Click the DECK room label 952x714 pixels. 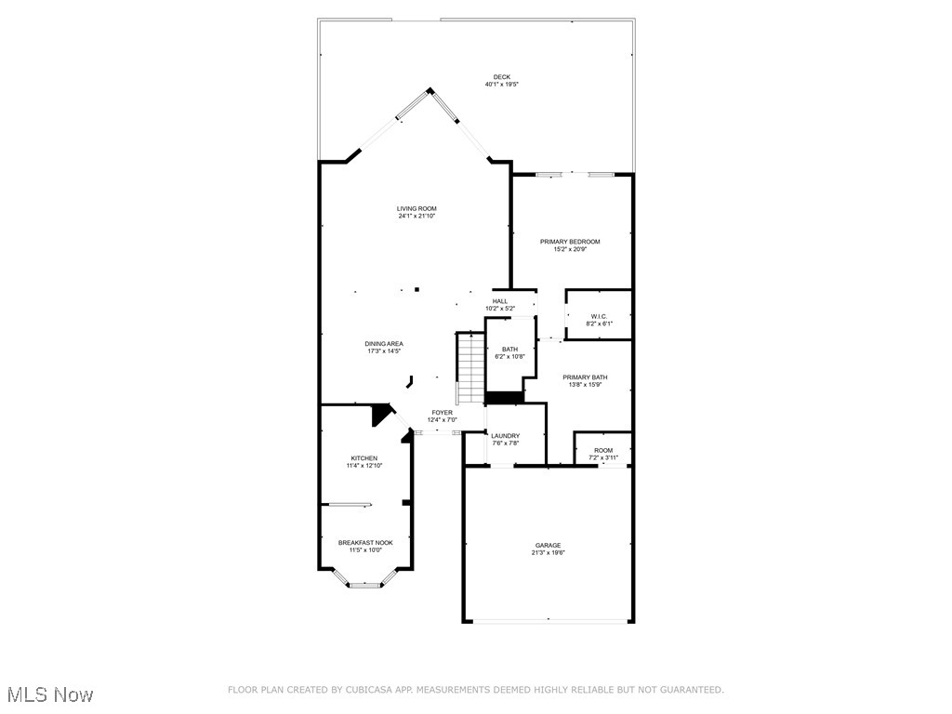(x=501, y=77)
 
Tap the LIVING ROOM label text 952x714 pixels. (x=416, y=208)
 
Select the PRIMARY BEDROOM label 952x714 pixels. (x=570, y=242)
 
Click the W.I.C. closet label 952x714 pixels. (x=598, y=316)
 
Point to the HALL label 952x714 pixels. (x=500, y=301)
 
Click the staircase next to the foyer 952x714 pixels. (x=470, y=366)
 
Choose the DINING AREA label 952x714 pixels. (x=384, y=344)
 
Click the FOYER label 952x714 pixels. (x=442, y=412)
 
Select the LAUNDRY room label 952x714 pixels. (x=506, y=436)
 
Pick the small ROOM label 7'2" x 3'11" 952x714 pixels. (x=603, y=450)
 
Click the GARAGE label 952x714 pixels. (x=548, y=546)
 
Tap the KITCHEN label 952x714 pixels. (x=364, y=458)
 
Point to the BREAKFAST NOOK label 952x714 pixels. (x=365, y=543)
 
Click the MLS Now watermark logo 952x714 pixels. (x=50, y=694)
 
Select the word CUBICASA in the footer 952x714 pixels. (x=366, y=690)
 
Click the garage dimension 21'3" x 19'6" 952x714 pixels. (x=548, y=553)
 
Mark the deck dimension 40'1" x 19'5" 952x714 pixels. (x=501, y=85)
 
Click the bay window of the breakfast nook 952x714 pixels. (x=365, y=585)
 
